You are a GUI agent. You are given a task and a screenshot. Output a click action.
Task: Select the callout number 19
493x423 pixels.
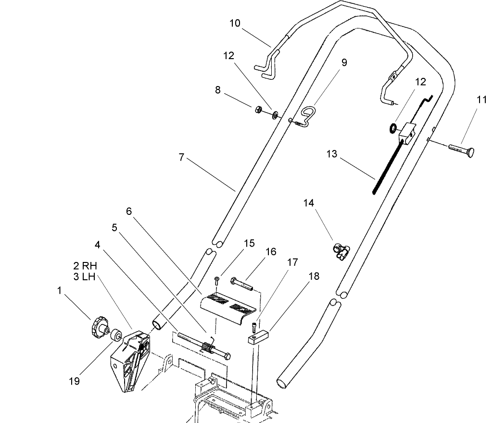coord(74,381)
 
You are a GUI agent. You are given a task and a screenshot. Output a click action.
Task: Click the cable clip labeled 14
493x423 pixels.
coord(341,251)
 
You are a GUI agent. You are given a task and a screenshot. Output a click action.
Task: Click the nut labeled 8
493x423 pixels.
coord(258,110)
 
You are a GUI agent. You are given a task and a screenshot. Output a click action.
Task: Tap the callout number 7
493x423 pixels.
coord(181,157)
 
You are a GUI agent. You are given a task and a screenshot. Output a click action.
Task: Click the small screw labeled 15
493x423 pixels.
coord(217,279)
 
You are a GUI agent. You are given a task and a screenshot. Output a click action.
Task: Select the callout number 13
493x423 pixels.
coord(331,154)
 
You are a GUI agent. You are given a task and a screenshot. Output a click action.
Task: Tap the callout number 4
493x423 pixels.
coord(98,245)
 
